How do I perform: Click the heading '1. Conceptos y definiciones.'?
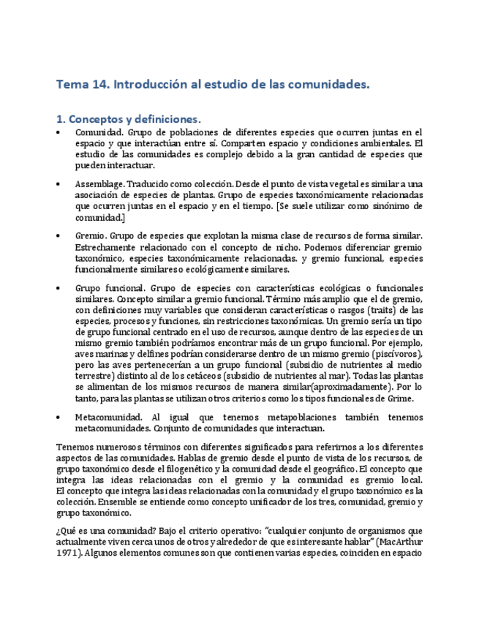tap(128, 118)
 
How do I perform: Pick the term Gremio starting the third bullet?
tap(91, 236)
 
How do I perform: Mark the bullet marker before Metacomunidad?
tap(59, 417)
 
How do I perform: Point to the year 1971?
tap(69, 553)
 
